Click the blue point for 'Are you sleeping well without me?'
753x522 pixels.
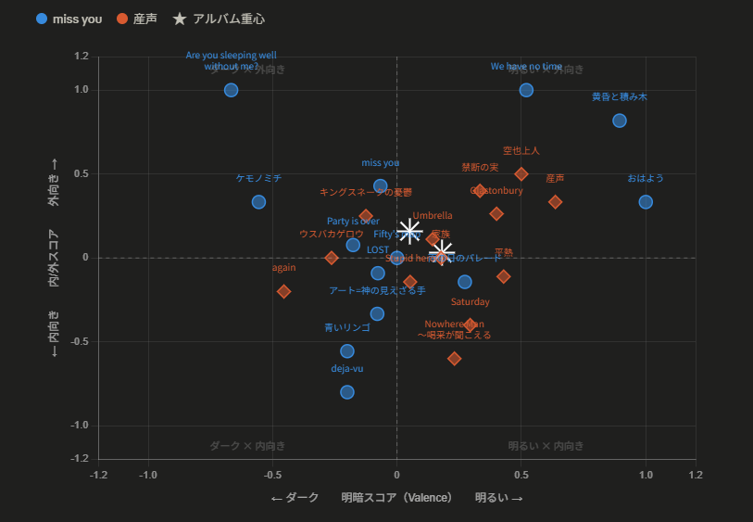point(232,90)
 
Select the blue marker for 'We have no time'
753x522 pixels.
point(526,90)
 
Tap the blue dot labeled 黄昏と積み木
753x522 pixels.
point(620,121)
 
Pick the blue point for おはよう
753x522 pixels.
point(646,202)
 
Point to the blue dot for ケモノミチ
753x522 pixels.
point(258,202)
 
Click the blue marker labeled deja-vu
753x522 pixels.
point(347,392)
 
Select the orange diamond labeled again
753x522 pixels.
point(284,291)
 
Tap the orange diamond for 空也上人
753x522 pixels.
point(521,174)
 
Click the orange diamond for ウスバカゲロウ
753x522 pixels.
point(332,258)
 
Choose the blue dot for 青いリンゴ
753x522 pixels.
point(347,351)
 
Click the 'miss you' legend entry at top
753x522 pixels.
point(69,19)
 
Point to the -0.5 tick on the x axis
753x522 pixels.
point(272,475)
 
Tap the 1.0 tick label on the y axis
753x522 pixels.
point(82,90)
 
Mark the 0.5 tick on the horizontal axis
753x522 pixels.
point(521,475)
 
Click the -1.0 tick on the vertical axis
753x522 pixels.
point(80,426)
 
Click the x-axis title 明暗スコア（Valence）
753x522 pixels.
point(396,498)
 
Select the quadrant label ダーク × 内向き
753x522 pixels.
point(247,446)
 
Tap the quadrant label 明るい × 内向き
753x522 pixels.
point(546,446)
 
